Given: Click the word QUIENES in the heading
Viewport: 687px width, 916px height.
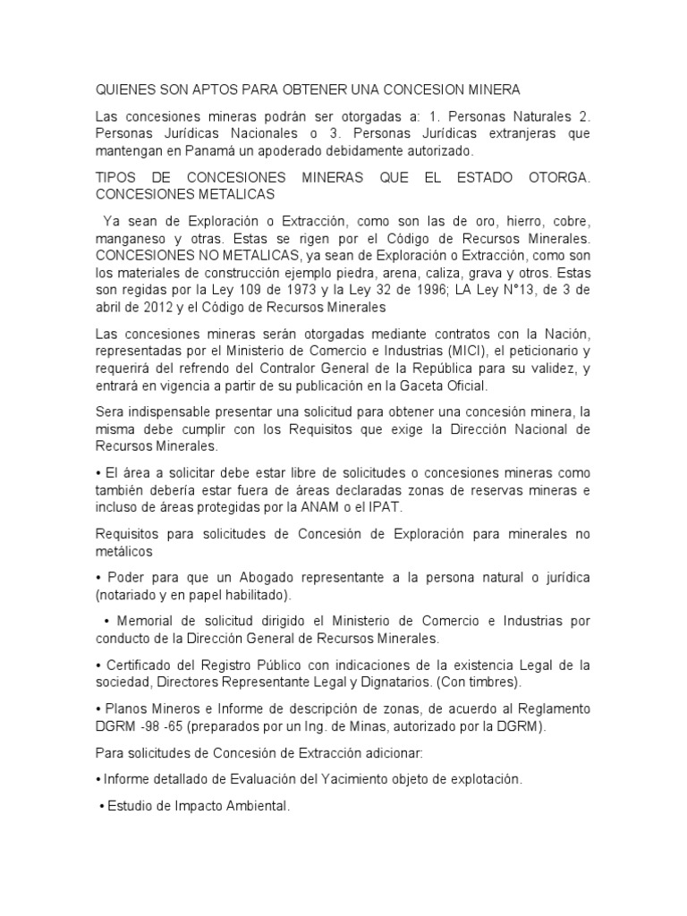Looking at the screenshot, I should (x=126, y=90).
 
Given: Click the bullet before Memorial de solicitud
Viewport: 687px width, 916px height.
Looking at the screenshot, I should (x=106, y=621).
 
